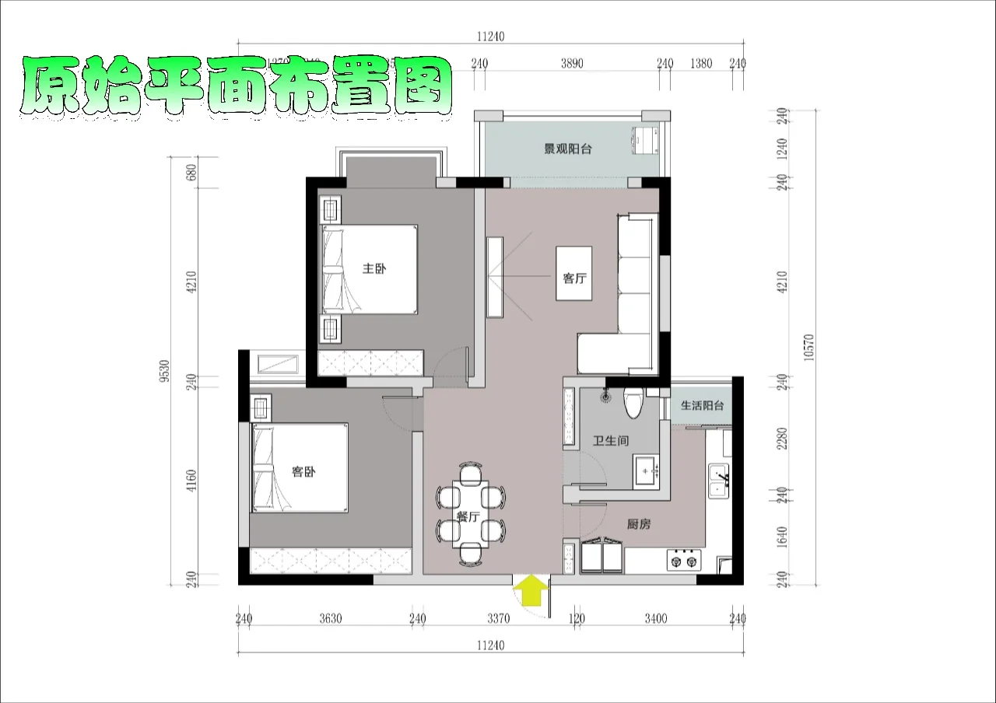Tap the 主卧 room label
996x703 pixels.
[374, 269]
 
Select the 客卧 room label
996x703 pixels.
[303, 472]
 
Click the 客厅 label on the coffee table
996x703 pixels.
[573, 278]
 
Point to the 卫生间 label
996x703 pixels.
[611, 441]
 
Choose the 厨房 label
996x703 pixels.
[639, 525]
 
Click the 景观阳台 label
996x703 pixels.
[567, 149]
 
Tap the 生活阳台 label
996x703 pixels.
[703, 405]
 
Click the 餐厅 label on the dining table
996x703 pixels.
[468, 516]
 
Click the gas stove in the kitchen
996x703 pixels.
[683, 559]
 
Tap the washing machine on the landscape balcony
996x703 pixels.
[646, 141]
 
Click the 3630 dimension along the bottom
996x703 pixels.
[331, 619]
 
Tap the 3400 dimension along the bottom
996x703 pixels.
[656, 619]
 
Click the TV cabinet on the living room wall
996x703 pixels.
[495, 277]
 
